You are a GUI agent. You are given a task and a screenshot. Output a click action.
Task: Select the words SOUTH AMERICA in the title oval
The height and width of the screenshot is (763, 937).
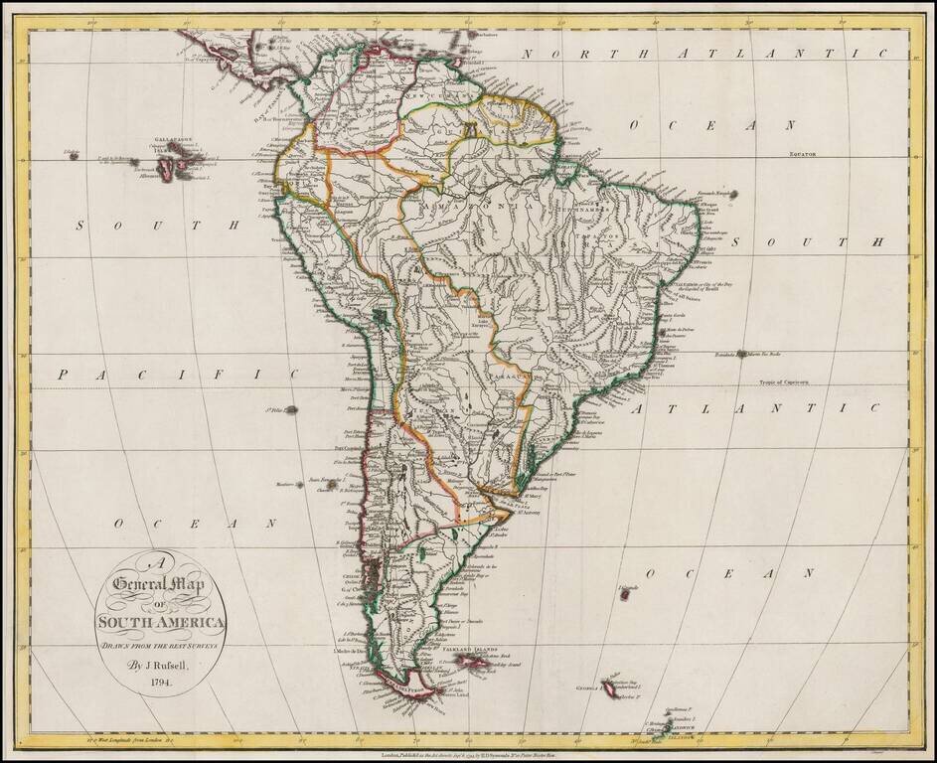pyautogui.click(x=161, y=623)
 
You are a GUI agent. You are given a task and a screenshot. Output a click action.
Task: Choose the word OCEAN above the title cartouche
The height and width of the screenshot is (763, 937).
pyautogui.click(x=193, y=523)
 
